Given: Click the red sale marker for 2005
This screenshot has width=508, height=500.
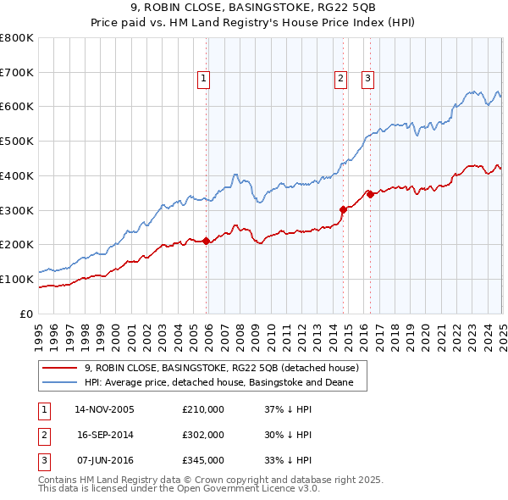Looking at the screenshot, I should click(x=207, y=241).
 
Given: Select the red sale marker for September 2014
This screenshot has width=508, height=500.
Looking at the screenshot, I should click(x=343, y=209).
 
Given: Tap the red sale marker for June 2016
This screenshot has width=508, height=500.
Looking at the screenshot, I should click(x=370, y=194).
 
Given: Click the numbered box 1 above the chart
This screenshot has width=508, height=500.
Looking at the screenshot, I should click(x=205, y=79).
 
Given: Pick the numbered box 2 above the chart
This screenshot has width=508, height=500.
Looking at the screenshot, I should click(x=340, y=79).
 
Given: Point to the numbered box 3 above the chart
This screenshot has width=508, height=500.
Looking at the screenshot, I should click(x=368, y=79).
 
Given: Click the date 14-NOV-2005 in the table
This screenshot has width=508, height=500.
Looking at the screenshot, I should click(x=105, y=409).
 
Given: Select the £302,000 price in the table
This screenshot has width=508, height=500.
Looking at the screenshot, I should click(x=203, y=435).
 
